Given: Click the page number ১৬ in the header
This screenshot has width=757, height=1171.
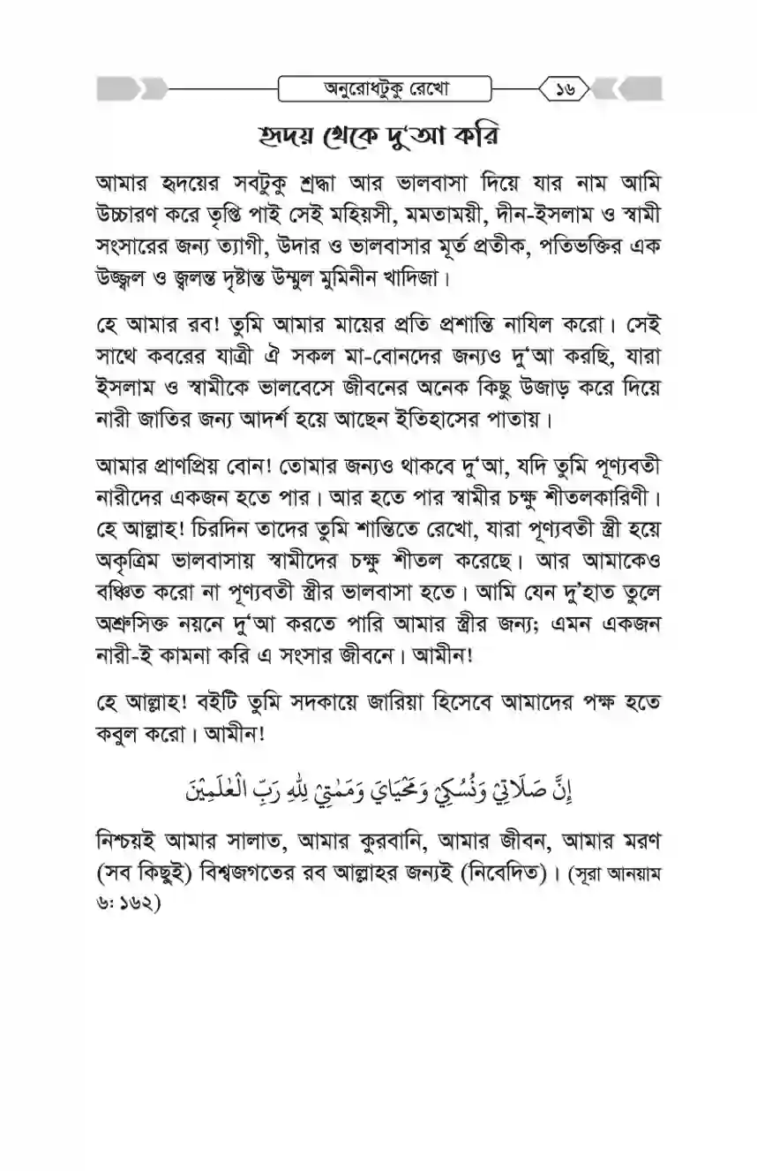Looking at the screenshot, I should point(564,89).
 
